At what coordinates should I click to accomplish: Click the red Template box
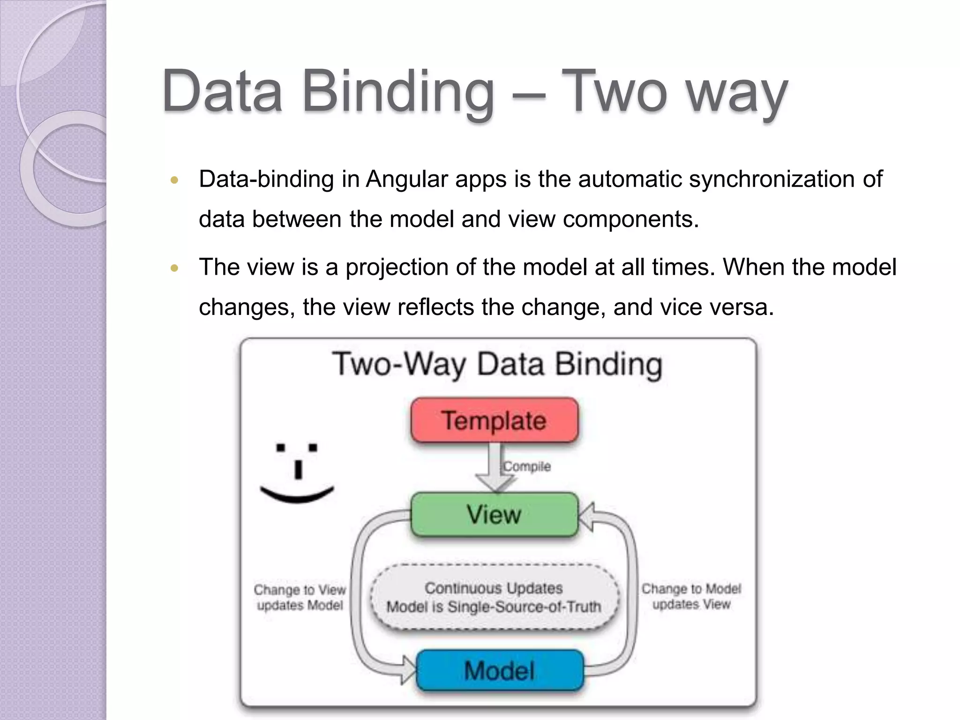[494, 420]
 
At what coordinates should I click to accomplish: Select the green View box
[494, 514]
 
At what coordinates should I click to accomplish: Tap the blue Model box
[500, 670]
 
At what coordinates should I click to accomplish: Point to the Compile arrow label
[526, 466]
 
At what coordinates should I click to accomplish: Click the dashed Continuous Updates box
[494, 597]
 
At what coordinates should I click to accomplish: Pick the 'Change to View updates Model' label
[300, 597]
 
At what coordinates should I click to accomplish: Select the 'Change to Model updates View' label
[691, 596]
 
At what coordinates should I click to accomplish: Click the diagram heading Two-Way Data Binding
[497, 364]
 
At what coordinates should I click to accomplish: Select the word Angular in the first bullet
[407, 179]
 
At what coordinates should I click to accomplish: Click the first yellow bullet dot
[174, 180]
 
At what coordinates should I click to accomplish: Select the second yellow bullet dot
[174, 269]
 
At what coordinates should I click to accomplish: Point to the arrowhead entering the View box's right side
[587, 517]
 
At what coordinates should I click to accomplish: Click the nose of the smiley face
[298, 470]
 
